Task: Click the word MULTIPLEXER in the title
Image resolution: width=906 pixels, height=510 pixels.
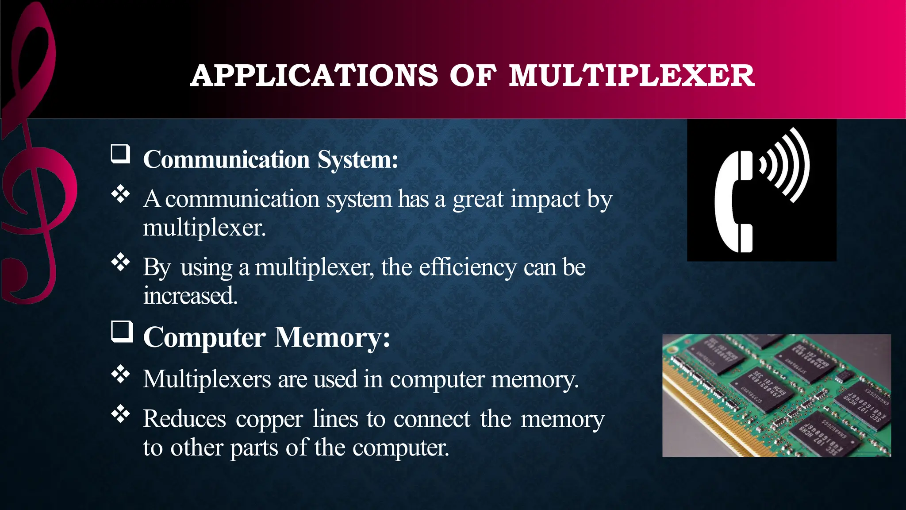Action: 631,76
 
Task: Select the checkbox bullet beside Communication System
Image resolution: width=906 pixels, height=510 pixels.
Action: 120,154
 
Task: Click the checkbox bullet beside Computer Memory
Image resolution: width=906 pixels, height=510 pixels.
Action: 122,332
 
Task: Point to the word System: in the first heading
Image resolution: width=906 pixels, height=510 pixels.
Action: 358,160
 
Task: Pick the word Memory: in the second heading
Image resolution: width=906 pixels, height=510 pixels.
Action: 332,338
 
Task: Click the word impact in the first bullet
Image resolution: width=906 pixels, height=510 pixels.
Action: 545,199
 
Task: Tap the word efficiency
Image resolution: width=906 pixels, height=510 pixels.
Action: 468,267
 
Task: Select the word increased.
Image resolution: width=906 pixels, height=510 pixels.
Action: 190,296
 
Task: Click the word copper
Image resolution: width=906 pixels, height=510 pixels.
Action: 269,419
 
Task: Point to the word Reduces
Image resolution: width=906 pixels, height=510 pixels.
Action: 184,419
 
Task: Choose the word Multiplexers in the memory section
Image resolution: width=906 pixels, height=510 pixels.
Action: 207,379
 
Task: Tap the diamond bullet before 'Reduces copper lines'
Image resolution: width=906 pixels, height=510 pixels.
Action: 120,414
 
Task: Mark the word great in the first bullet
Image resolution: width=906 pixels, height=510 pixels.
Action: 478,199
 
